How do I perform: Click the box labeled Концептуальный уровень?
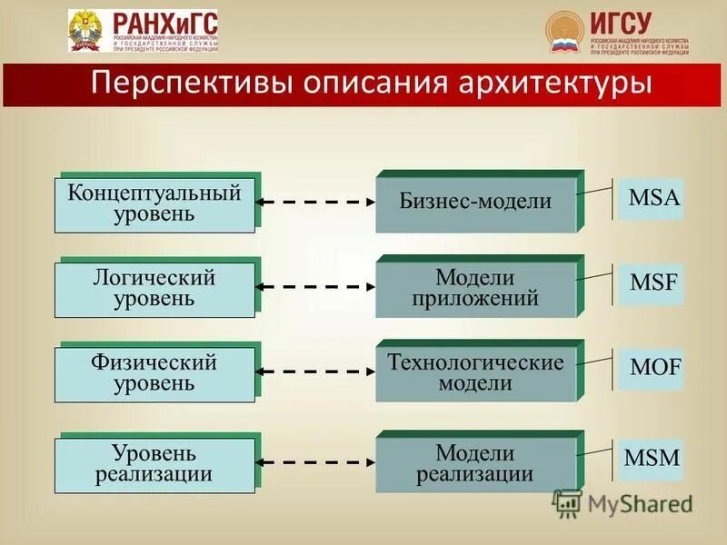154,204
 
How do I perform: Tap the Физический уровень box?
154,373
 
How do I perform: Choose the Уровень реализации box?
154,464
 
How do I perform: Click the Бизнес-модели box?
475,203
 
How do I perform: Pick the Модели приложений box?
475,288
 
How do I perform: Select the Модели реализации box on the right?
475,463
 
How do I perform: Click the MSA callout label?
653,198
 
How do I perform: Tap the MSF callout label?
653,282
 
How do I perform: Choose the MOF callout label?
654,368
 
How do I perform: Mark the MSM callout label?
652,458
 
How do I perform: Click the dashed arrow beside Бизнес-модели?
315,202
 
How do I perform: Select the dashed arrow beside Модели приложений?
315,287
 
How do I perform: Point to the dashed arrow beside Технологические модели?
315,372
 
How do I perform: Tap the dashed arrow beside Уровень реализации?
315,462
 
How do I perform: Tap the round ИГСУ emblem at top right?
564,33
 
